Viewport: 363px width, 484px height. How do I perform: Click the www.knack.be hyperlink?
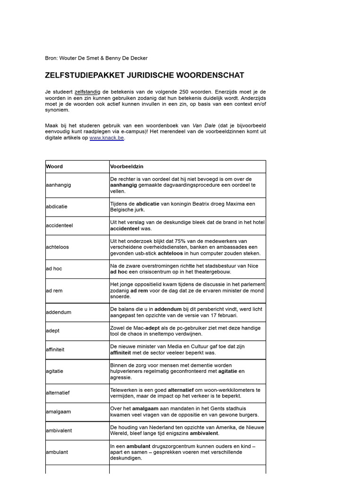coord(107,138)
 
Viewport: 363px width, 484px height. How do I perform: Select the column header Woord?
coord(54,166)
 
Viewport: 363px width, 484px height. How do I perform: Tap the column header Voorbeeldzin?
coord(127,166)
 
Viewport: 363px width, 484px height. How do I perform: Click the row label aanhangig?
coord(59,185)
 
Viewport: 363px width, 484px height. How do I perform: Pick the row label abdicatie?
coord(57,207)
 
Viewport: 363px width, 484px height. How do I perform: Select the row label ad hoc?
coord(54,268)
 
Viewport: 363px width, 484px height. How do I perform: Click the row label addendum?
coord(58,312)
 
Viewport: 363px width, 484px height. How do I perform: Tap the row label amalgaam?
coord(59,411)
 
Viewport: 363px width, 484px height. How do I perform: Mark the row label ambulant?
coord(57,452)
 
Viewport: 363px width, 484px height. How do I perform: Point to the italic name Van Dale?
coord(203,125)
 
